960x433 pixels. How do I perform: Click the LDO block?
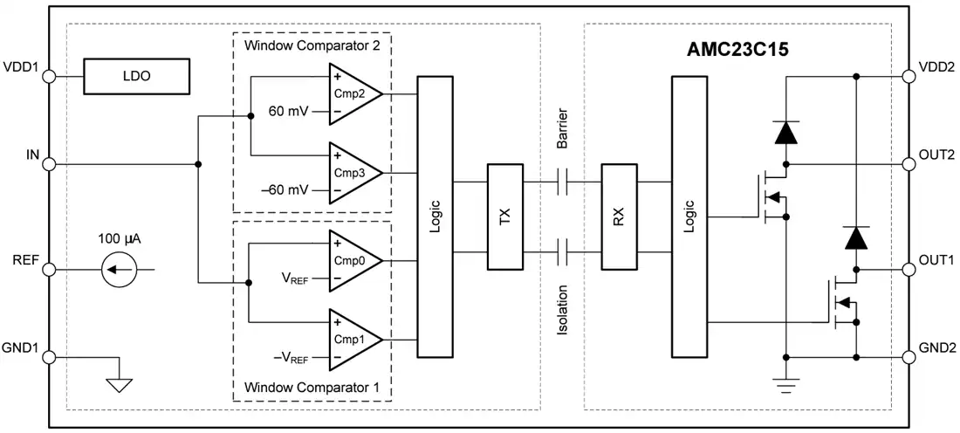136,77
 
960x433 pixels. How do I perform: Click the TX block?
505,216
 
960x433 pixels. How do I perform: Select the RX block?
619,216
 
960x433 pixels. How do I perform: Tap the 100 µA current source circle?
120,269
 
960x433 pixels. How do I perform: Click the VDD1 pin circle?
49,77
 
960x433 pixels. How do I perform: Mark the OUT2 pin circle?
909,164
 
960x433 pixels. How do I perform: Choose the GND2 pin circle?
909,357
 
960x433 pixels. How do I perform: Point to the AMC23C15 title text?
737,50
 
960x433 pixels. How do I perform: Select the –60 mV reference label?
285,189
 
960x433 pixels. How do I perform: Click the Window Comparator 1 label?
311,387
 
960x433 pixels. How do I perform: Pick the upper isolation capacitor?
563,182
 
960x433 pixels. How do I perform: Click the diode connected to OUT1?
856,237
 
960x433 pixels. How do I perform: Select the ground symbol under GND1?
119,385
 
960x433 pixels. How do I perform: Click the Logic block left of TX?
435,216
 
